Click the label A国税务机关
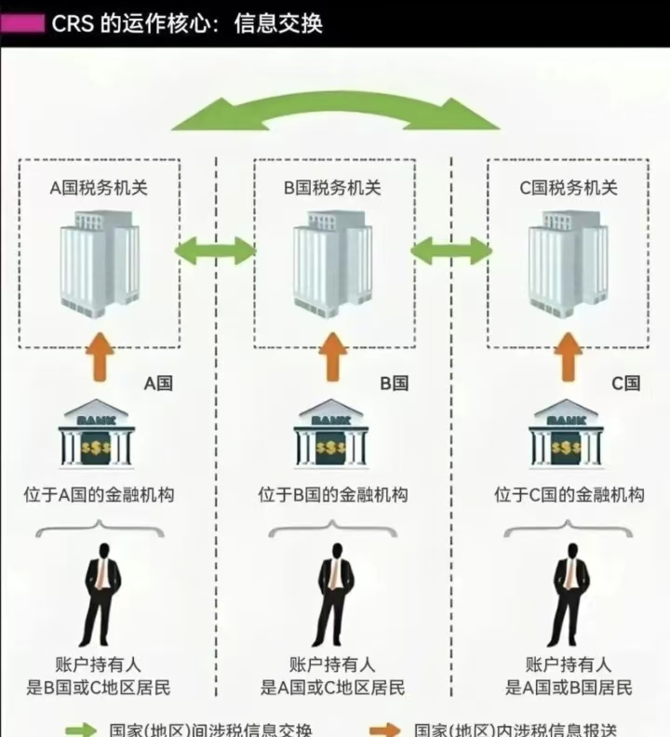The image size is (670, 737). click(99, 188)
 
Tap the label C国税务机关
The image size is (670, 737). click(568, 188)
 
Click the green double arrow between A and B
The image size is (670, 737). click(215, 249)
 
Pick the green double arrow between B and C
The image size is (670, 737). click(451, 249)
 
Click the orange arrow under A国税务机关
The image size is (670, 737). click(99, 359)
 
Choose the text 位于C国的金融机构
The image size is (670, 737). click(569, 495)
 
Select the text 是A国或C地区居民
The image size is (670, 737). click(333, 689)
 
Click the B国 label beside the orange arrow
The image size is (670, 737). click(394, 383)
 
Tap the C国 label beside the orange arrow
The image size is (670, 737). click(625, 383)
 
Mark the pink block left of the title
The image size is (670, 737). click(22, 23)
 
